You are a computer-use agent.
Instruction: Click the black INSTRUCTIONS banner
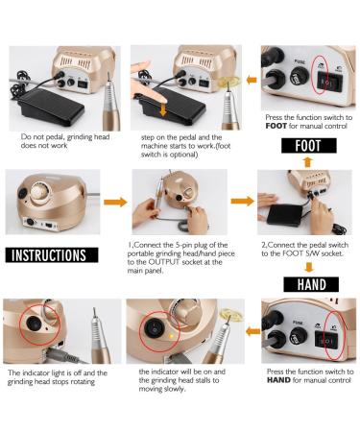pyautogui.click(x=52, y=255)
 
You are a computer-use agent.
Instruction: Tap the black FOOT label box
pyautogui.click(x=309, y=146)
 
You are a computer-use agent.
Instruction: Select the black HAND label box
pyautogui.click(x=311, y=284)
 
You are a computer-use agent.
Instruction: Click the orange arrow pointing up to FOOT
pyautogui.click(x=308, y=162)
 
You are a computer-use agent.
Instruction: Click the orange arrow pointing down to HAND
pyautogui.click(x=309, y=267)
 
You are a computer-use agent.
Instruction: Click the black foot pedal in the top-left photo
pyautogui.click(x=51, y=107)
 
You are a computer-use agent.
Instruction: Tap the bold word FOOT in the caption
pyautogui.click(x=276, y=126)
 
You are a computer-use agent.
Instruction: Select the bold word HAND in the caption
pyautogui.click(x=278, y=380)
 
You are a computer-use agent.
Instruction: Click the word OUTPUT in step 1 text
pyautogui.click(x=164, y=262)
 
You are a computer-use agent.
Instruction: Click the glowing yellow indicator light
pyautogui.click(x=171, y=336)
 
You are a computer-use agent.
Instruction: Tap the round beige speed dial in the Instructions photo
pyautogui.click(x=40, y=192)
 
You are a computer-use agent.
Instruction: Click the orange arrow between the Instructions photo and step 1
pyautogui.click(x=115, y=202)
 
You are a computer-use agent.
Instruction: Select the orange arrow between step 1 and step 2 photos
pyautogui.click(x=242, y=202)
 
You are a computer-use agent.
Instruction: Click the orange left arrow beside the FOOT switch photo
pyautogui.click(x=252, y=80)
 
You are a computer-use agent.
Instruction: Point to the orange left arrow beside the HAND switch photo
pyautogui.click(x=252, y=331)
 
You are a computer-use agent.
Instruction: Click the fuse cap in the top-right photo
pyautogui.click(x=300, y=77)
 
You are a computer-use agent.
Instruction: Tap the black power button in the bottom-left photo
pyautogui.click(x=34, y=324)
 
